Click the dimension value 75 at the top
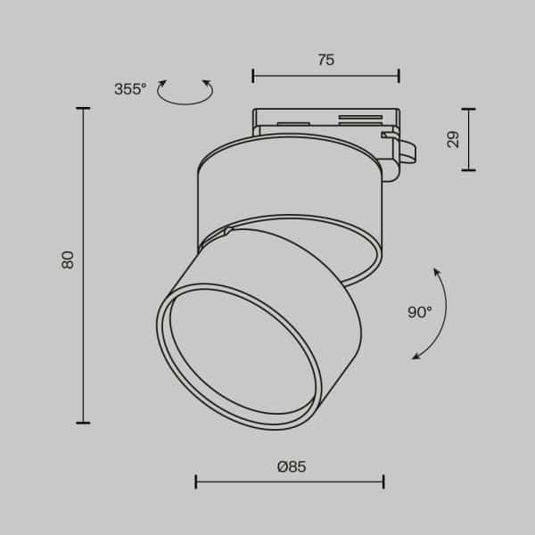[x=325, y=61]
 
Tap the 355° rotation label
[x=130, y=89]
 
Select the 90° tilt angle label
[x=419, y=312]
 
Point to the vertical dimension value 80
[x=69, y=259]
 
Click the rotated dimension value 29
[x=453, y=139]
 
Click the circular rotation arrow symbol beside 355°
[x=185, y=92]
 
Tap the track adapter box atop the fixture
[x=325, y=121]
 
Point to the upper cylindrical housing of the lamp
[x=285, y=187]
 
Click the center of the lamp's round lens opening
[x=239, y=354]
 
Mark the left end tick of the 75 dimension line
[x=253, y=76]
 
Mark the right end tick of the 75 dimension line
[x=399, y=76]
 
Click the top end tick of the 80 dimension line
[x=83, y=109]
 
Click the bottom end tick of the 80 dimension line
[x=83, y=422]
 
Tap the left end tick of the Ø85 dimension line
[x=196, y=482]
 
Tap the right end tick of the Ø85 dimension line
[x=383, y=482]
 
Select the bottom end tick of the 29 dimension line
[x=468, y=169]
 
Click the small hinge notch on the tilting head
[x=229, y=232]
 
